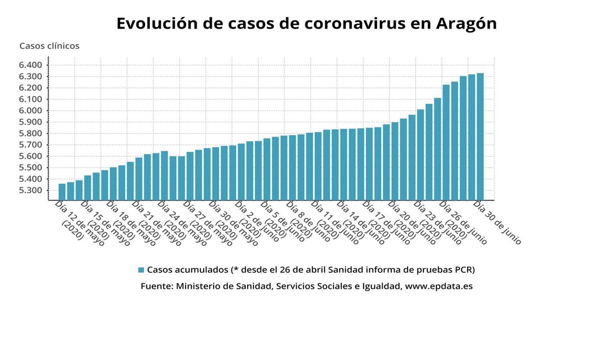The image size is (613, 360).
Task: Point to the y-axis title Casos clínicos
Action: (x=50, y=46)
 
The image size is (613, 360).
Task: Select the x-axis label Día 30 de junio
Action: (x=497, y=223)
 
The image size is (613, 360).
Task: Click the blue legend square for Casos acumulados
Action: (x=141, y=270)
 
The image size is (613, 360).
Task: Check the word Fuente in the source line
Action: (x=155, y=286)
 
